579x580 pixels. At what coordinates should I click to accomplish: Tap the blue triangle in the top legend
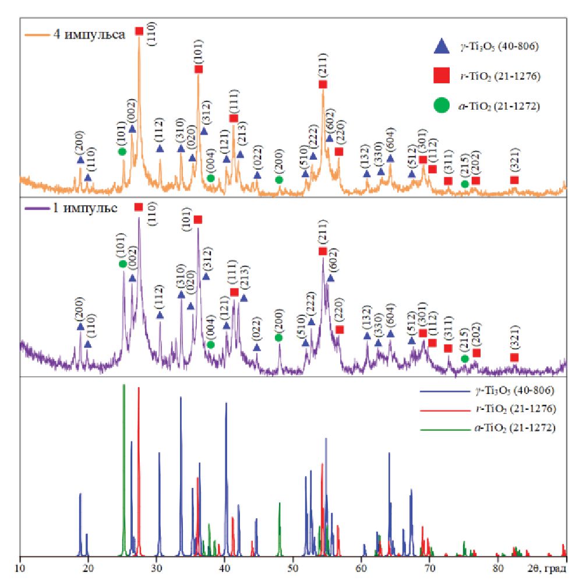click(442, 47)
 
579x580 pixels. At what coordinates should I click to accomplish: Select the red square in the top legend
click(442, 76)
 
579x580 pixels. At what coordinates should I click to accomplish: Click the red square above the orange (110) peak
click(139, 31)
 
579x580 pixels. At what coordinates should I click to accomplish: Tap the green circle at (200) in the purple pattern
click(279, 338)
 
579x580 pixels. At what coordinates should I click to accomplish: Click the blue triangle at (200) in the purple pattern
click(80, 326)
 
